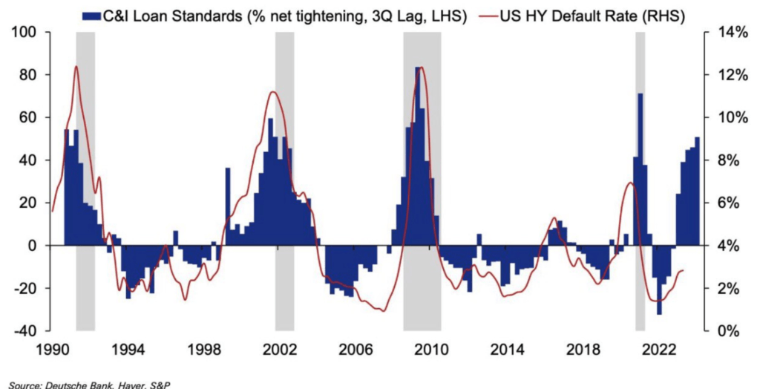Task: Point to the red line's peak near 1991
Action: point(76,67)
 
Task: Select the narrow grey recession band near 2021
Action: point(640,223)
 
